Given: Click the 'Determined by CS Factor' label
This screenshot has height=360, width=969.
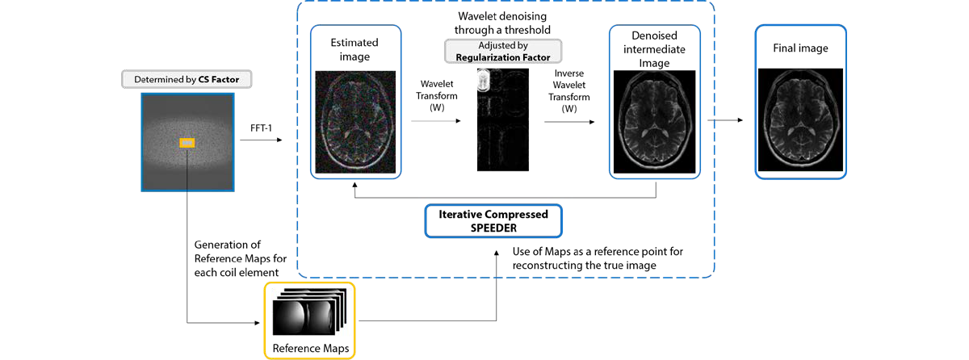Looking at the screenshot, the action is coord(187,79).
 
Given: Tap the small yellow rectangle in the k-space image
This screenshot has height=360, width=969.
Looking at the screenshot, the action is coord(187,143).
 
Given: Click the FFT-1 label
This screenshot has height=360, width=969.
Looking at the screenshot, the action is coord(261,128).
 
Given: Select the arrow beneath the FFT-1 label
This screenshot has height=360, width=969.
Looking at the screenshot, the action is coord(261,140).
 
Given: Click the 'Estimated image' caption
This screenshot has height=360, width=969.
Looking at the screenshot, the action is coord(354,49).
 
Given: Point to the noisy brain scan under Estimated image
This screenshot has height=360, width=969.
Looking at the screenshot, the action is coord(355,122).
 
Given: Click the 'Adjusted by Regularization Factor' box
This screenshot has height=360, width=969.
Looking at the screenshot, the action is coord(503,51).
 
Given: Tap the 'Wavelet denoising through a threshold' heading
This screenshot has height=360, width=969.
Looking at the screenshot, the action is coord(502,23).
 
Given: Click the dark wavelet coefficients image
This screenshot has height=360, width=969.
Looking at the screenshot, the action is coord(502,119).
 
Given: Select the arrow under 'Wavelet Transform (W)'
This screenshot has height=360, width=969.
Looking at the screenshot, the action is coord(436,121).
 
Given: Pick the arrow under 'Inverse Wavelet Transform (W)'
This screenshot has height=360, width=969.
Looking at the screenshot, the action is coord(569,122).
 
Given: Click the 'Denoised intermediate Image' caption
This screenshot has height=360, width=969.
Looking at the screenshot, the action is coord(654,49).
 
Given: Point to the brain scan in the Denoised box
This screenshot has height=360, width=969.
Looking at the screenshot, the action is coord(655,122).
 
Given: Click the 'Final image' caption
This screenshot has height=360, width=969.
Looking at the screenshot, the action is coord(800,48).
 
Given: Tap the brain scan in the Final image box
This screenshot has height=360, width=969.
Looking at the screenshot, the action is coord(800,119).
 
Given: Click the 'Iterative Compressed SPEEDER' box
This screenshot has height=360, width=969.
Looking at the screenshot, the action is coord(493,221).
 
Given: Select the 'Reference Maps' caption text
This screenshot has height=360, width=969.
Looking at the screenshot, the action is coord(311,349).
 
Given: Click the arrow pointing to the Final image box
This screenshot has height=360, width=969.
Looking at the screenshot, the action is coord(725,120).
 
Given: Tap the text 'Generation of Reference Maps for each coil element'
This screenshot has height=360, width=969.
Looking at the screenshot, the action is coord(240,258).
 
